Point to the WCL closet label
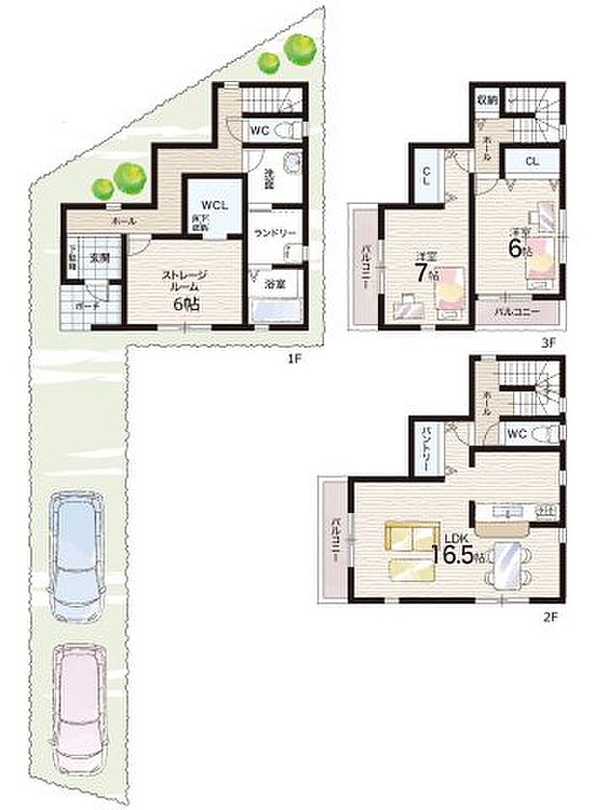214,205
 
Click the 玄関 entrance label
100,259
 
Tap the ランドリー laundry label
273,232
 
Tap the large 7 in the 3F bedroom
421,273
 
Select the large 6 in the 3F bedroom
515,246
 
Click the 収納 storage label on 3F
486,99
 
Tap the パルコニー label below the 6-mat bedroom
515,311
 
